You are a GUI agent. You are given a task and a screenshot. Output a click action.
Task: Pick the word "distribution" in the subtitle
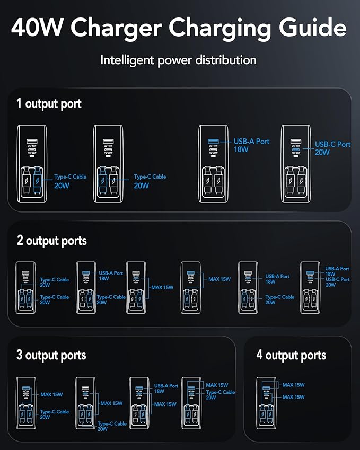point(224,60)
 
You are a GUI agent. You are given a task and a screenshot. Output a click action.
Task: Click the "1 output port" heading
point(49,103)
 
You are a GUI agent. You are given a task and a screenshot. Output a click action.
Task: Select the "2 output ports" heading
point(51,241)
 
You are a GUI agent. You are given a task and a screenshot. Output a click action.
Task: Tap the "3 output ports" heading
point(51,355)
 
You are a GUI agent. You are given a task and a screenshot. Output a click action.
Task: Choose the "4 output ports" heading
point(291,355)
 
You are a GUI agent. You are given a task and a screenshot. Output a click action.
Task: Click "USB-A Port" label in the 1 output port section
point(252,142)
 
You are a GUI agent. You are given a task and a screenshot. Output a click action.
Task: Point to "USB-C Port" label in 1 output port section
point(332,144)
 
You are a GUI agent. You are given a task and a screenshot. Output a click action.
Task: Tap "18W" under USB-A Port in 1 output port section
point(241,149)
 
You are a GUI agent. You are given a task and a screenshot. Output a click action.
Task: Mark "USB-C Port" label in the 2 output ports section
point(337,279)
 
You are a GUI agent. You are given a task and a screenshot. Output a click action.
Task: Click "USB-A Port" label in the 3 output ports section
point(166,386)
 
